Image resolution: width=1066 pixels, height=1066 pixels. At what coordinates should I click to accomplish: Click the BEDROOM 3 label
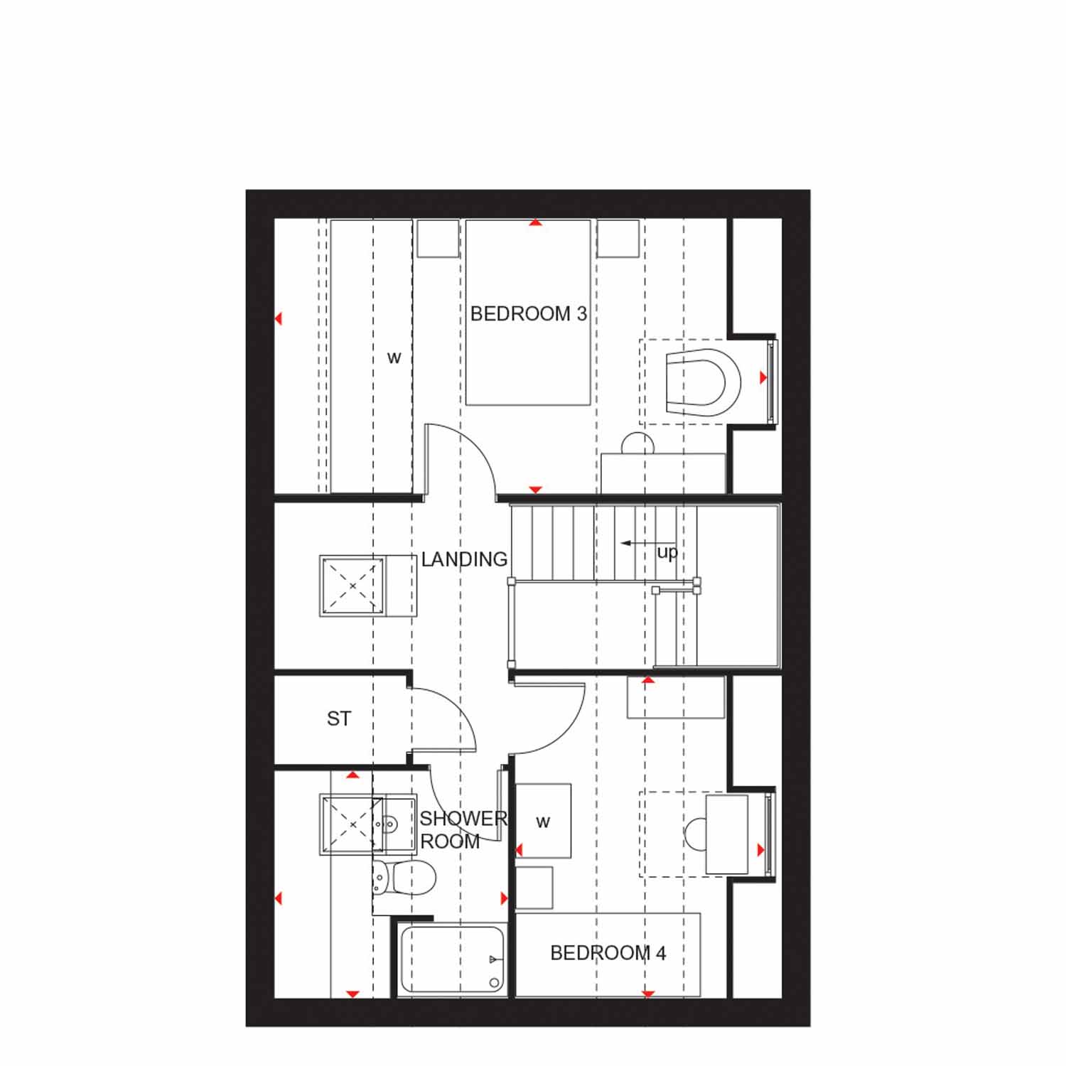pos(529,313)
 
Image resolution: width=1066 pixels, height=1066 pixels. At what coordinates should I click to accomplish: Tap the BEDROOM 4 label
pos(608,953)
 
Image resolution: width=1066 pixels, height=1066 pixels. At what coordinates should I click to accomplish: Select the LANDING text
pos(464,559)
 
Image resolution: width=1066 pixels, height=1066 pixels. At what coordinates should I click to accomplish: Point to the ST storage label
pos(339,719)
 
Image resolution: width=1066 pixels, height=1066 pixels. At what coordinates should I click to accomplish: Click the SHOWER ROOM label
pos(463,830)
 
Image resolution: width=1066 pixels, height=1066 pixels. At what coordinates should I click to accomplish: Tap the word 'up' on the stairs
pos(667,552)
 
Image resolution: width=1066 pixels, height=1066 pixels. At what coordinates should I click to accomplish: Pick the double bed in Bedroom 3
pos(528,313)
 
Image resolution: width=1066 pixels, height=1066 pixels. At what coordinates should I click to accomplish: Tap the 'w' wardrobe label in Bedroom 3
pos(394,357)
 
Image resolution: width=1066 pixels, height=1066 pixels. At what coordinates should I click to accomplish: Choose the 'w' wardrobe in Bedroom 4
pos(543,821)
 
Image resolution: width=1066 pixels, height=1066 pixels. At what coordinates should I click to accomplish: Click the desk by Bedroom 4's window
pos(726,834)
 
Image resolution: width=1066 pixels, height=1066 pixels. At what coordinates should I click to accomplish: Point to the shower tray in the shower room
pos(353,824)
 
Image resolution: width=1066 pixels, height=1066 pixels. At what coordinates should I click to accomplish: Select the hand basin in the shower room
pos(399,824)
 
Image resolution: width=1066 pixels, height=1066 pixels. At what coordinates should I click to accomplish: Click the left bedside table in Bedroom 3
pos(438,238)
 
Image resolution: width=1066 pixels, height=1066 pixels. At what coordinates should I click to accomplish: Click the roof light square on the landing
pos(352,586)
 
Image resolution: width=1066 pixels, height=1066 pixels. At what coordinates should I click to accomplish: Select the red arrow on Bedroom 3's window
pos(763,378)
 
